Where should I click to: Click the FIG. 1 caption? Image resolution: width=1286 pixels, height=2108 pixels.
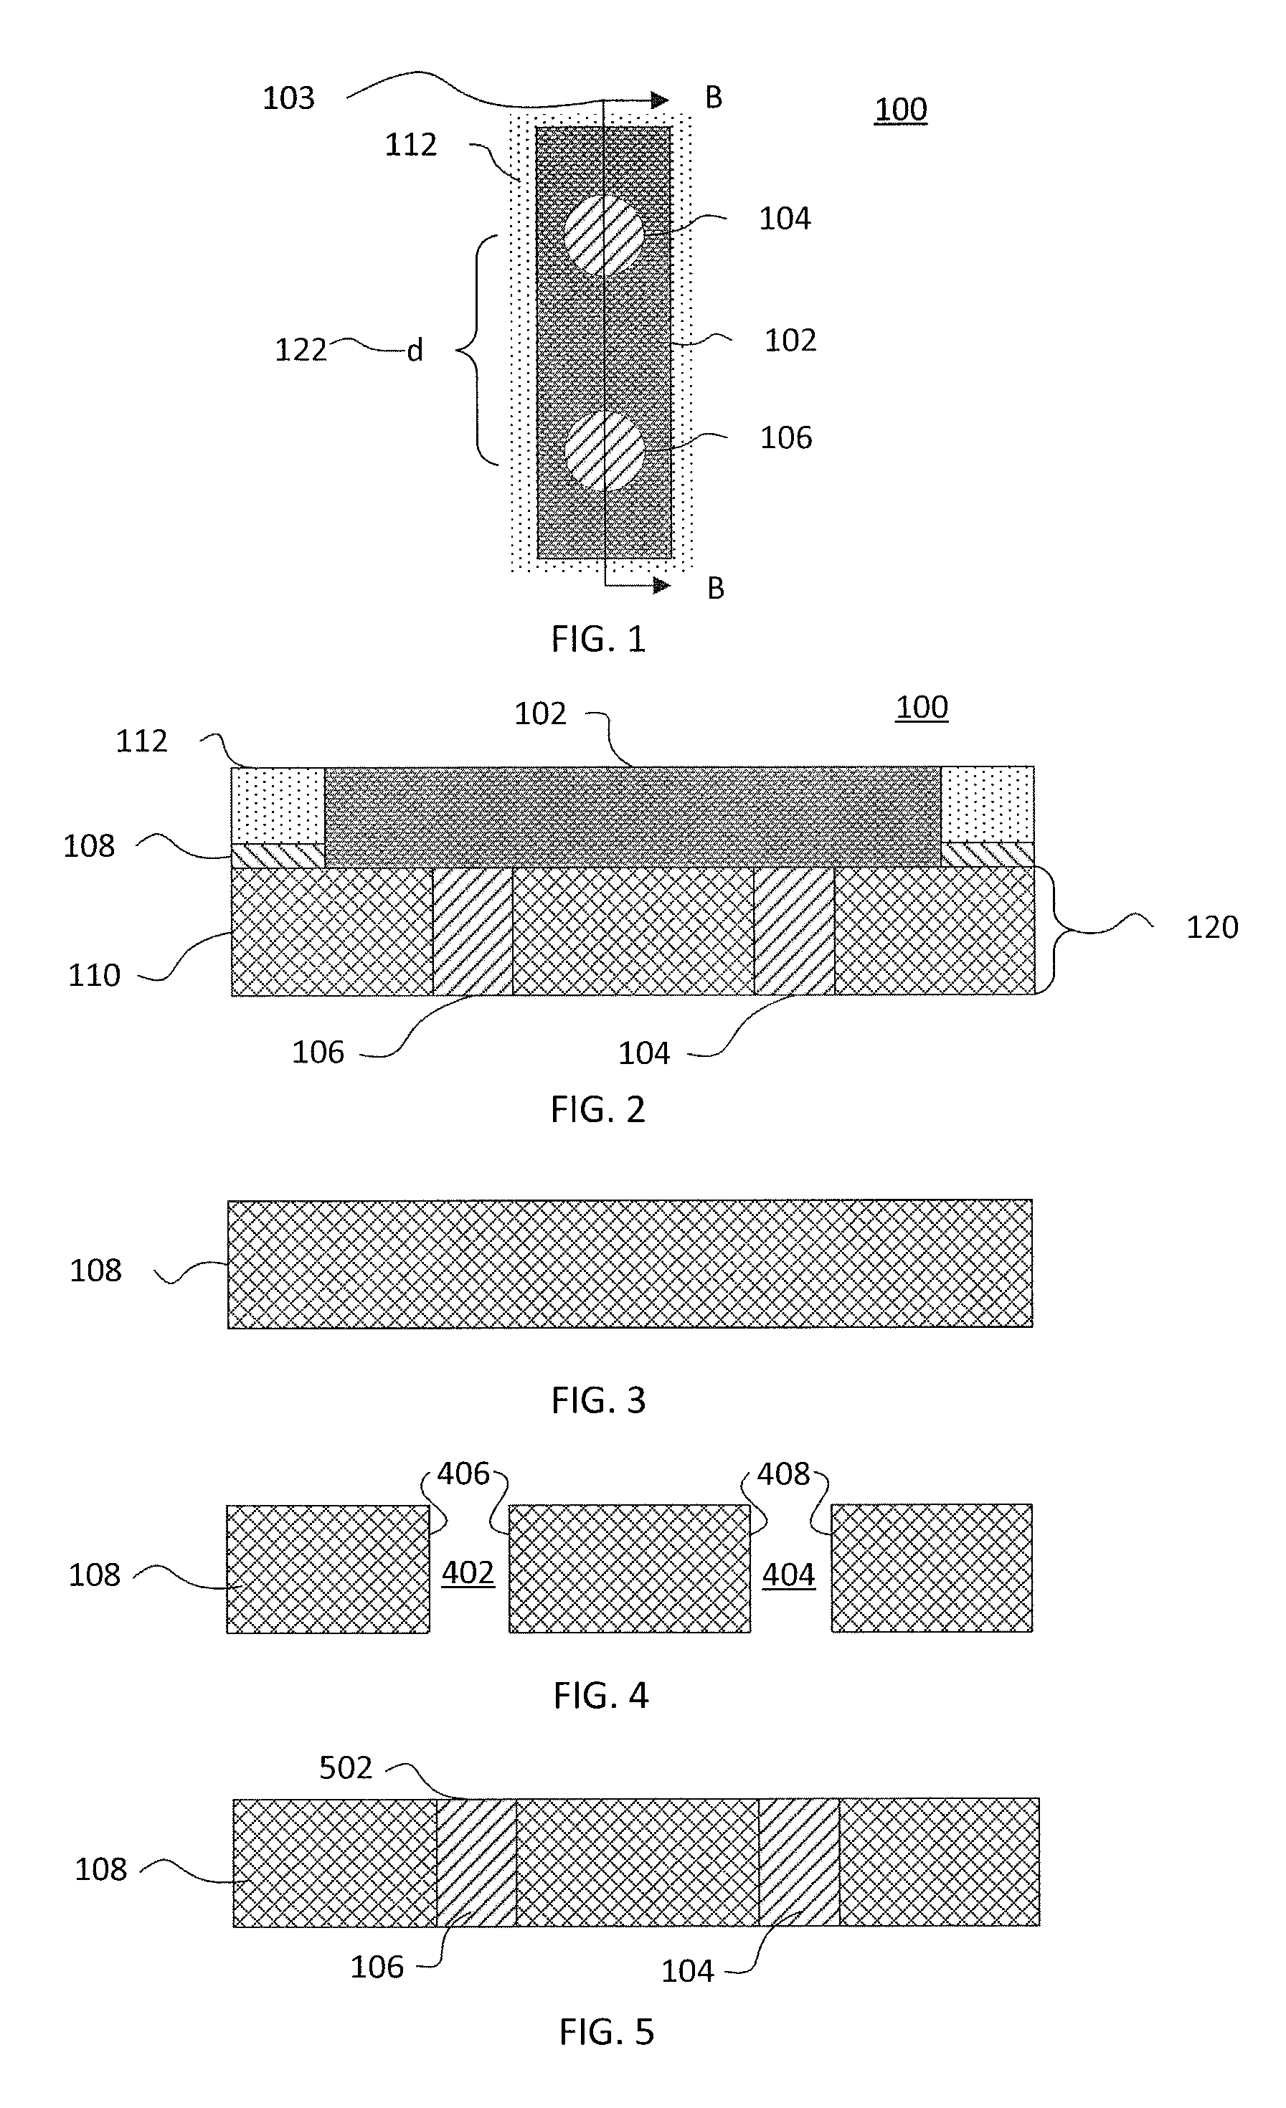pyautogui.click(x=598, y=639)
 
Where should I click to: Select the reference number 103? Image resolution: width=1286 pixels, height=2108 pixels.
pyautogui.click(x=288, y=99)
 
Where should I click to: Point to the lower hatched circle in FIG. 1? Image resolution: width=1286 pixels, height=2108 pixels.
pyautogui.click(x=604, y=451)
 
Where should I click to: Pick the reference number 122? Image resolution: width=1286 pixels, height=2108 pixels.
pyautogui.click(x=301, y=350)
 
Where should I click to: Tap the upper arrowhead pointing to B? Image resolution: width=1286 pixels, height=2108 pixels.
pyautogui.click(x=659, y=100)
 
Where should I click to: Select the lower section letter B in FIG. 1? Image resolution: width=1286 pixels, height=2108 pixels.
pyautogui.click(x=716, y=589)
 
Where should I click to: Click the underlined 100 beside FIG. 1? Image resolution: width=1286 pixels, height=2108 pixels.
pyautogui.click(x=901, y=110)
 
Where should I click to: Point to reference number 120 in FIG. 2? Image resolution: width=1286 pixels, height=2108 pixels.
pyautogui.click(x=1212, y=927)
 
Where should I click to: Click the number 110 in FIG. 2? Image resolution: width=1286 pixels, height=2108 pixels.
pyautogui.click(x=94, y=975)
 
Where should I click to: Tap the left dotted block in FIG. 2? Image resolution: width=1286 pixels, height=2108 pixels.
pyautogui.click(x=278, y=805)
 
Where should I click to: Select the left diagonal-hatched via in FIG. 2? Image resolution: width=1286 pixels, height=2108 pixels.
pyautogui.click(x=473, y=931)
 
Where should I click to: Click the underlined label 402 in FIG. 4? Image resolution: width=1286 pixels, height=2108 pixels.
pyautogui.click(x=468, y=1573)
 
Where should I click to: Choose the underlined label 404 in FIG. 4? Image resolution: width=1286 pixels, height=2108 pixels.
pyautogui.click(x=789, y=1575)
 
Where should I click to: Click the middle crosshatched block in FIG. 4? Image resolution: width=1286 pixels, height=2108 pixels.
pyautogui.click(x=630, y=1569)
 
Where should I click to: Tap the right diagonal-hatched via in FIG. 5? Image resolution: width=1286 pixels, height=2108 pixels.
pyautogui.click(x=799, y=1863)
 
